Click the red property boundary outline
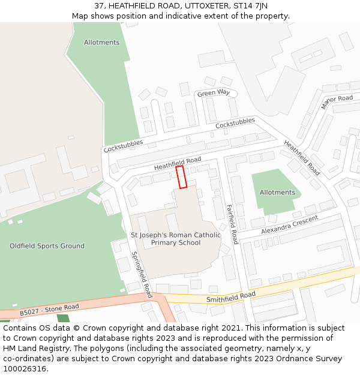[x=181, y=177]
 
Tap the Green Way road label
[x=214, y=93]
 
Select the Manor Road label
[x=337, y=101]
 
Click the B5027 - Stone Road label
[x=49, y=310]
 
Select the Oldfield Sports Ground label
[x=47, y=246]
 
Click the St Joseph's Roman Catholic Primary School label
[x=176, y=239]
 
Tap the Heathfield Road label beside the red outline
[x=178, y=163]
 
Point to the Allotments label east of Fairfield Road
[x=277, y=193]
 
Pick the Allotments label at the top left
[x=101, y=43]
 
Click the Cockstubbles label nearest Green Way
[x=235, y=124]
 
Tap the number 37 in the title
[x=99, y=6]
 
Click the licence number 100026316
[x=25, y=369]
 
